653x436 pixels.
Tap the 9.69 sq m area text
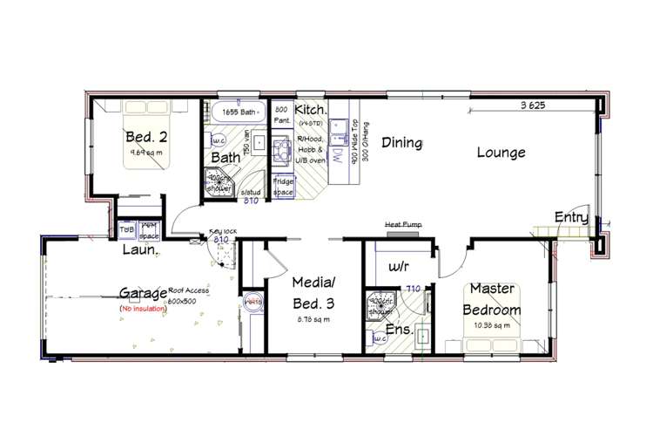coord(143,151)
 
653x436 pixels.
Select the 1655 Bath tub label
coord(236,112)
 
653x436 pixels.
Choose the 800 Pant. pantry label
coord(281,116)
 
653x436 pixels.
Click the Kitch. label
coord(310,109)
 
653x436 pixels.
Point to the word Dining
coord(401,142)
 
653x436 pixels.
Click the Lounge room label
coord(502,152)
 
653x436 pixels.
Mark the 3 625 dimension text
coord(533,106)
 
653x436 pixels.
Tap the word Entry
coord(571,218)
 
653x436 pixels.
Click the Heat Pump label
coord(403,224)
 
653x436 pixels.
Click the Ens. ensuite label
coord(400,330)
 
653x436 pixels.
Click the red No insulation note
coord(145,309)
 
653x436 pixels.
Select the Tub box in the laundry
coord(126,230)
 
